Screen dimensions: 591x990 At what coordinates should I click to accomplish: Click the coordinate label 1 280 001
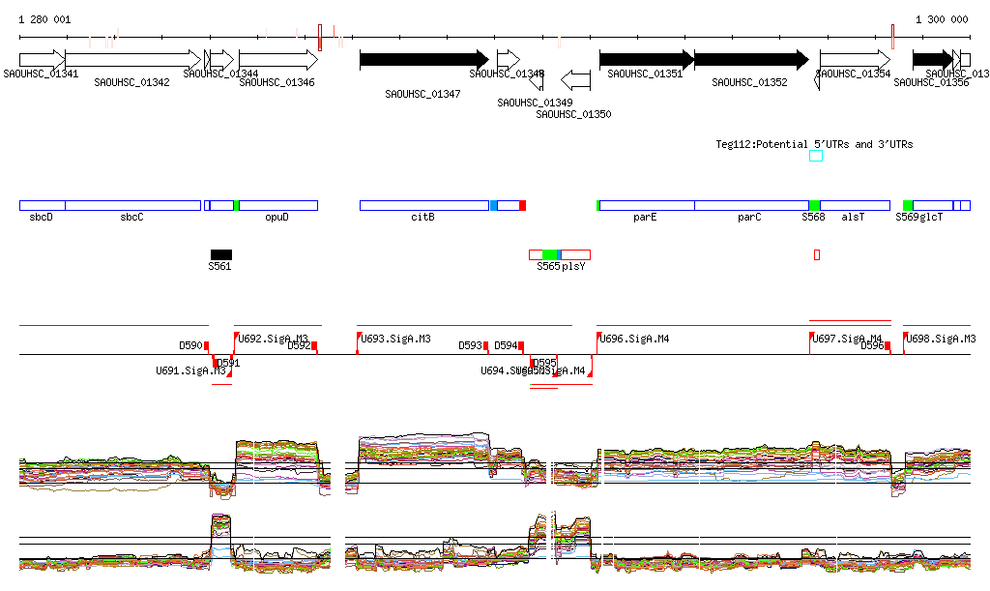pyautogui.click(x=44, y=19)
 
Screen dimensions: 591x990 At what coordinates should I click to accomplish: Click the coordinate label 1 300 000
pyautogui.click(x=942, y=19)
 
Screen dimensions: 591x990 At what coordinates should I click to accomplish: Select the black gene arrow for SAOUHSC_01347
pyautogui.click(x=423, y=60)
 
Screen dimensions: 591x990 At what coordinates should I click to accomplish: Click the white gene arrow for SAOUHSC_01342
pyautogui.click(x=131, y=60)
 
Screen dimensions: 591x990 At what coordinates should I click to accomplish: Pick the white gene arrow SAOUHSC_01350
pyautogui.click(x=576, y=77)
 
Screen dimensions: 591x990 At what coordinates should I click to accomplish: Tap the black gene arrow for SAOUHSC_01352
pyautogui.click(x=750, y=60)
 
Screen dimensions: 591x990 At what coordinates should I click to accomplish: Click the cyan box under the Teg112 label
pyautogui.click(x=816, y=156)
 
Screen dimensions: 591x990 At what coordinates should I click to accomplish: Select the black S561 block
pyautogui.click(x=220, y=254)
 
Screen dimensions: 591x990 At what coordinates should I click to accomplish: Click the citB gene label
pyautogui.click(x=422, y=218)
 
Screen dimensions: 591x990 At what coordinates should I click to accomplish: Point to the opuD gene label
pyautogui.click(x=277, y=218)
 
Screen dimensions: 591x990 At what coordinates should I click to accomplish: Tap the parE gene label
pyautogui.click(x=645, y=218)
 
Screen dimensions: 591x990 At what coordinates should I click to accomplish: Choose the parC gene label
pyautogui.click(x=749, y=218)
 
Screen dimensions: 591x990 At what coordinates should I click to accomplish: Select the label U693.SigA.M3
pyautogui.click(x=395, y=339)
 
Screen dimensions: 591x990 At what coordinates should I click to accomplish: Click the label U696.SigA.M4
pyautogui.click(x=634, y=339)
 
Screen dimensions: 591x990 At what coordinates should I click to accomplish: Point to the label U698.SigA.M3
pyautogui.click(x=941, y=339)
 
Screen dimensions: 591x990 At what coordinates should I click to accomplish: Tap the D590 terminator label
pyautogui.click(x=190, y=345)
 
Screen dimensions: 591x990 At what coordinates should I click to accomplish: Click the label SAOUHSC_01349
pyautogui.click(x=535, y=103)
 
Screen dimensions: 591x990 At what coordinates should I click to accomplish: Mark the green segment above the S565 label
pyautogui.click(x=550, y=254)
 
